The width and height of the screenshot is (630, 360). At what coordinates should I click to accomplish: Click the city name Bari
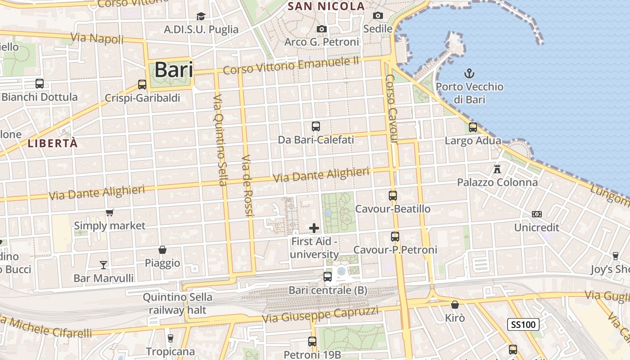tap(174, 70)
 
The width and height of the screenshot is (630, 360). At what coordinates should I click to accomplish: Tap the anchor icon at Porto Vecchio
tap(469, 73)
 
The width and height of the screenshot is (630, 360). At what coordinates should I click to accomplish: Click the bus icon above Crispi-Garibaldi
tap(142, 84)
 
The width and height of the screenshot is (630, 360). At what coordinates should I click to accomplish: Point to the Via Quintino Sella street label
tap(220, 140)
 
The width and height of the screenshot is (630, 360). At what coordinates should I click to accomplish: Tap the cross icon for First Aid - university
tap(314, 228)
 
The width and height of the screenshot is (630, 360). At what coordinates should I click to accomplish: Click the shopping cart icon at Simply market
tap(110, 212)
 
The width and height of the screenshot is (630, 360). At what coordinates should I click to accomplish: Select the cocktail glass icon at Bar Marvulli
tap(104, 265)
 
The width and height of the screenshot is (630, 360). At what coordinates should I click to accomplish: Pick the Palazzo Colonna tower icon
tap(497, 169)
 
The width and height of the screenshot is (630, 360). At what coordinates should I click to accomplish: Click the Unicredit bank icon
tap(536, 214)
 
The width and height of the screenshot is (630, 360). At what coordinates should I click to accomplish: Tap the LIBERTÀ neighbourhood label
tap(53, 144)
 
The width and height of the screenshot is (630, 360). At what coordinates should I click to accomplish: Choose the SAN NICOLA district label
tap(326, 6)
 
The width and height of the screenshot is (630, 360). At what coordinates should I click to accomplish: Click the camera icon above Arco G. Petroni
tap(321, 29)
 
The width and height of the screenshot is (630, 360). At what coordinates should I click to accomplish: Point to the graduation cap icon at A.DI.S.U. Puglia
tap(201, 16)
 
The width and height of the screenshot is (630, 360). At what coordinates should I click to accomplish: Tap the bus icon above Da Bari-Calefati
tap(316, 126)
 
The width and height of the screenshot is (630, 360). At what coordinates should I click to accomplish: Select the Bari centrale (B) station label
tap(328, 290)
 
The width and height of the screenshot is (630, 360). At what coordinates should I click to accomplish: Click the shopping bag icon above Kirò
tap(455, 305)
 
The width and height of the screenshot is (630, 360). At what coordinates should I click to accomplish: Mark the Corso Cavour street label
tap(391, 109)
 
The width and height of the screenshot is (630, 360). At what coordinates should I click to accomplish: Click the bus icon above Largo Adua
tap(472, 127)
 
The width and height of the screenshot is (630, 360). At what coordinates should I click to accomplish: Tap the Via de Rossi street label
tap(247, 185)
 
